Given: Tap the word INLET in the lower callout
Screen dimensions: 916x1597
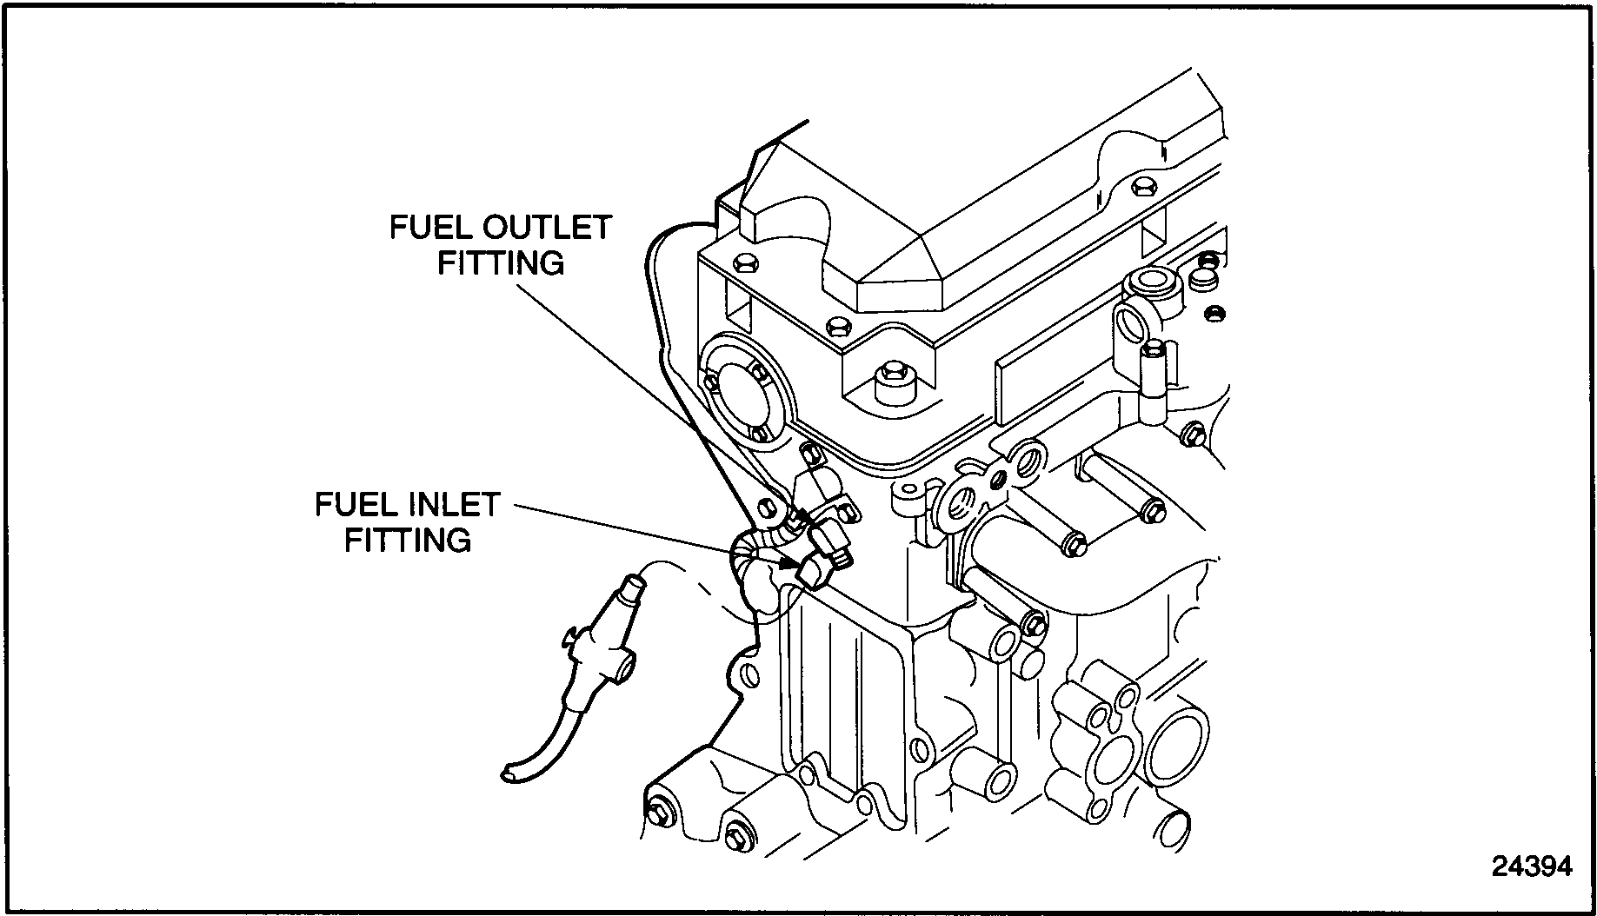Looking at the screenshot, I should pos(455,505).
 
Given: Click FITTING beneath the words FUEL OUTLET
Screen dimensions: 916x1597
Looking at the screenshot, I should pos(501,262).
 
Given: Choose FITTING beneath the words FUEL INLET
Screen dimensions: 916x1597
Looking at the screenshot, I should pos(408,540).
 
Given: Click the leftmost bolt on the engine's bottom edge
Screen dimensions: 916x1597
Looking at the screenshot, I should pos(659,812).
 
